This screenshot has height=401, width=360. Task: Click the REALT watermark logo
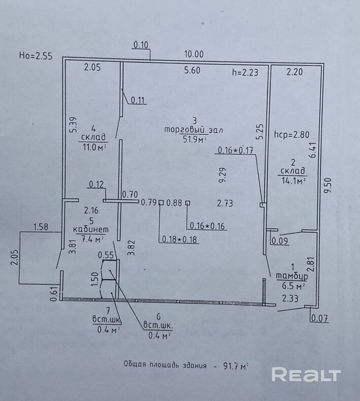point(306,375)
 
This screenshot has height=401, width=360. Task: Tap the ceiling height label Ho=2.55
point(36,56)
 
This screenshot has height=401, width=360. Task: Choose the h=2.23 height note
point(245,72)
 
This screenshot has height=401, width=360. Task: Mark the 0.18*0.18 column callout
point(180,239)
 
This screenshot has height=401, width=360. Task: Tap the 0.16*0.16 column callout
point(207,226)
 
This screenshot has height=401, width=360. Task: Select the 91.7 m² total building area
point(234,365)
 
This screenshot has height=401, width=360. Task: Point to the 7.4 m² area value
point(92,238)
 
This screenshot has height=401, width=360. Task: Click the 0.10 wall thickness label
point(141,45)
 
